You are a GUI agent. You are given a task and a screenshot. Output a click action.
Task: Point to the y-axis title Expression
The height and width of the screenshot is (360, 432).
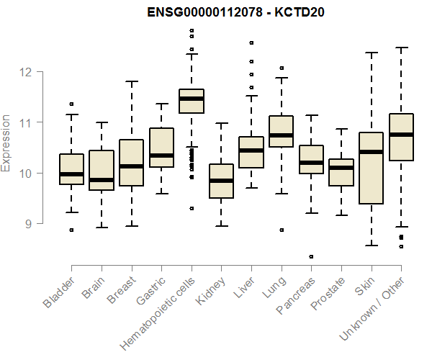[6, 143]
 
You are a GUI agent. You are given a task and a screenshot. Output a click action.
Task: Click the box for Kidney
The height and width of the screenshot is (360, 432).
[221, 181]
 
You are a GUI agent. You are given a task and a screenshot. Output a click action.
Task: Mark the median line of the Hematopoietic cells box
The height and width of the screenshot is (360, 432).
[192, 99]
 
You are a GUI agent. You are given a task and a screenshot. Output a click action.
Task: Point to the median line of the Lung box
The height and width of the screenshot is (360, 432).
[281, 135]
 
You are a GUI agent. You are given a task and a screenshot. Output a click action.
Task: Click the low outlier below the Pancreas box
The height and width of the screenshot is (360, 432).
[311, 256]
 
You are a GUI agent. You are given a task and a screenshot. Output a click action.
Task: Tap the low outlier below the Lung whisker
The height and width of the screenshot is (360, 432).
[281, 230]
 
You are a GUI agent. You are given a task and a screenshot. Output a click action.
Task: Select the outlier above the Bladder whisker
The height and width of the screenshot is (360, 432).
[71, 104]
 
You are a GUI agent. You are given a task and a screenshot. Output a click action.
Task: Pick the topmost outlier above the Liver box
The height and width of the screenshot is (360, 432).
[251, 43]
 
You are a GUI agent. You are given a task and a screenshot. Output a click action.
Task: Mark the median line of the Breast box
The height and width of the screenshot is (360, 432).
[131, 166]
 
